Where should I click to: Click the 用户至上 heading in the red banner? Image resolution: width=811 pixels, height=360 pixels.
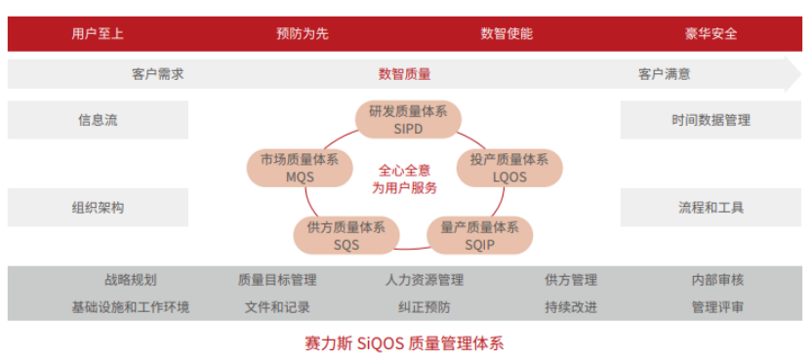(x=98, y=33)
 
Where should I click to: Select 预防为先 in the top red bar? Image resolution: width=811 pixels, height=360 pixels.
(x=303, y=33)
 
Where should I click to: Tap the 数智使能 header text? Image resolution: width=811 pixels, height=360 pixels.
(x=507, y=33)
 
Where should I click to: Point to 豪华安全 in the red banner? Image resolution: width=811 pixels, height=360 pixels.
(x=710, y=33)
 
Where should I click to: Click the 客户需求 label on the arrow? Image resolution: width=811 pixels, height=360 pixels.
(x=158, y=73)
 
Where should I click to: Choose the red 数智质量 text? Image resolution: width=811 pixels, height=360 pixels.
(x=404, y=73)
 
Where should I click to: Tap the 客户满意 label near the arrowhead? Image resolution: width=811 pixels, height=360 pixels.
(x=665, y=73)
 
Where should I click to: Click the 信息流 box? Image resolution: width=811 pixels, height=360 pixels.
(x=98, y=120)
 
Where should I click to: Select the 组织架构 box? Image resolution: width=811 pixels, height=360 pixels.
(x=98, y=207)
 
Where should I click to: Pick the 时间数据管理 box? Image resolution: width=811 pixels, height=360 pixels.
(x=710, y=120)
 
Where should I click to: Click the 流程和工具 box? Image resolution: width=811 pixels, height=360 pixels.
(x=710, y=207)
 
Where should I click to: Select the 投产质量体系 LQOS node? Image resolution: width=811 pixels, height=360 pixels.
(x=508, y=168)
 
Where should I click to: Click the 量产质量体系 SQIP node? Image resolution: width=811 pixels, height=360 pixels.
(x=479, y=235)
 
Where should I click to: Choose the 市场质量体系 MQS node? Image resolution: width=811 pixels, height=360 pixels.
(x=300, y=168)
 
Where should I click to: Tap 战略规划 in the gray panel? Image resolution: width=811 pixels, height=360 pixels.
(x=130, y=280)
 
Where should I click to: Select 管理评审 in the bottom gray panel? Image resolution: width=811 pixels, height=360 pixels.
(x=717, y=307)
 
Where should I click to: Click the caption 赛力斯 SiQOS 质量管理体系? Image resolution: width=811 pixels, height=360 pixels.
(x=404, y=343)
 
